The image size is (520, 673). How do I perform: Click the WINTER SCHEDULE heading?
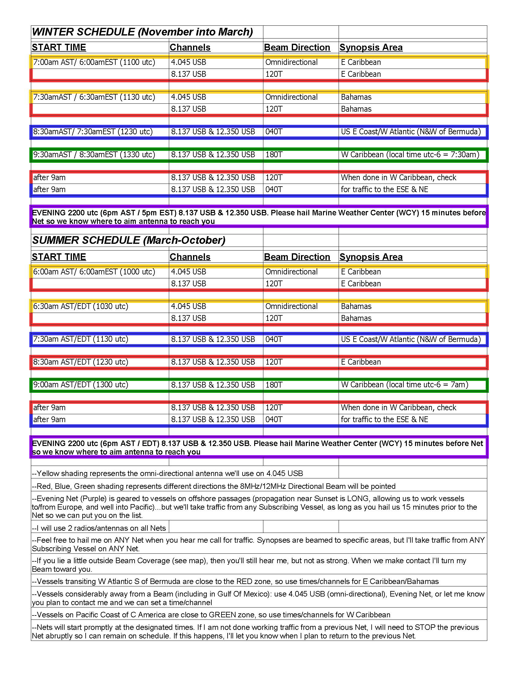[x=142, y=32]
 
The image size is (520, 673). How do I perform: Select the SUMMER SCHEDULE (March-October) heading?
[x=129, y=240]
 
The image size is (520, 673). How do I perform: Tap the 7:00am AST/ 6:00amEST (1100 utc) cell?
[x=94, y=62]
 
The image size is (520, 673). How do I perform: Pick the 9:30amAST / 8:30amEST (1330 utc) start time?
[x=94, y=154]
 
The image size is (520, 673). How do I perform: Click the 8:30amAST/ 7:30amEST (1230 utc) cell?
[x=93, y=132]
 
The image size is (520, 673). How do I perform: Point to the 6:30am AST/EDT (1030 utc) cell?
[x=80, y=306]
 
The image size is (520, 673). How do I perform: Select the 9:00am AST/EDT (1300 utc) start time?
[x=80, y=385]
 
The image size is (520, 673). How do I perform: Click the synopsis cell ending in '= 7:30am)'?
[x=410, y=154]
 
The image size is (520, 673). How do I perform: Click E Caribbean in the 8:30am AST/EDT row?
[x=361, y=362]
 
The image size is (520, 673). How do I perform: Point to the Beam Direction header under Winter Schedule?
[x=297, y=47]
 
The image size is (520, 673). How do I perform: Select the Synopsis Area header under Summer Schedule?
[x=371, y=257]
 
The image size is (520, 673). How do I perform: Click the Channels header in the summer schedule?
[x=190, y=257]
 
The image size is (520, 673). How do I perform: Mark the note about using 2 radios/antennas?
[x=99, y=528]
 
